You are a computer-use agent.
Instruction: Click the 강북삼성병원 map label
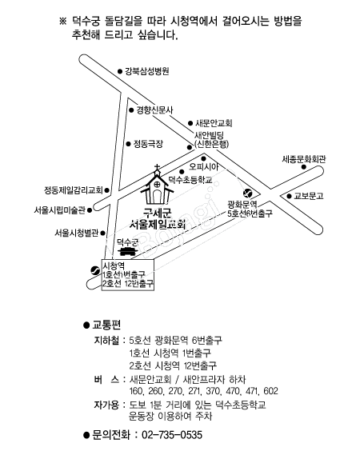[146, 71]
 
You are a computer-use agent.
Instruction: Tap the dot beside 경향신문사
[131, 110]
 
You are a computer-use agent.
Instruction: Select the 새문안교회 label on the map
[214, 123]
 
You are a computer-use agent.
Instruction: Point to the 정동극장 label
[148, 143]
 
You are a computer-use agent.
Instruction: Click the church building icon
[157, 187]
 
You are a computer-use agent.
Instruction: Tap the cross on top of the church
[157, 167]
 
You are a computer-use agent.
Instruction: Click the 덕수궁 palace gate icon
[126, 251]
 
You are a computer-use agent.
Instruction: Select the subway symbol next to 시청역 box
[95, 270]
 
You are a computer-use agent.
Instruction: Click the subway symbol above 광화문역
[247, 194]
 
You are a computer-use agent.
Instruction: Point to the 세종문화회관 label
[303, 159]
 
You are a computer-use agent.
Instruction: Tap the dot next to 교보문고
[289, 196]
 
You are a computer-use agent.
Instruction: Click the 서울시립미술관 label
[59, 210]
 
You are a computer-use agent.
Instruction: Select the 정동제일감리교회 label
[74, 190]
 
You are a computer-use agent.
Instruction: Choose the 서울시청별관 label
[77, 233]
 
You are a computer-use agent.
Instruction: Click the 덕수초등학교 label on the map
[190, 180]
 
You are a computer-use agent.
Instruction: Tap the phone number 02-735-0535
[172, 434]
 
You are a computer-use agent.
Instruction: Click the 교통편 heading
[106, 325]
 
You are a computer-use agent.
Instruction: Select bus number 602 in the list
[270, 391]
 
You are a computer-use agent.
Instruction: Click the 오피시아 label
[204, 166]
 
